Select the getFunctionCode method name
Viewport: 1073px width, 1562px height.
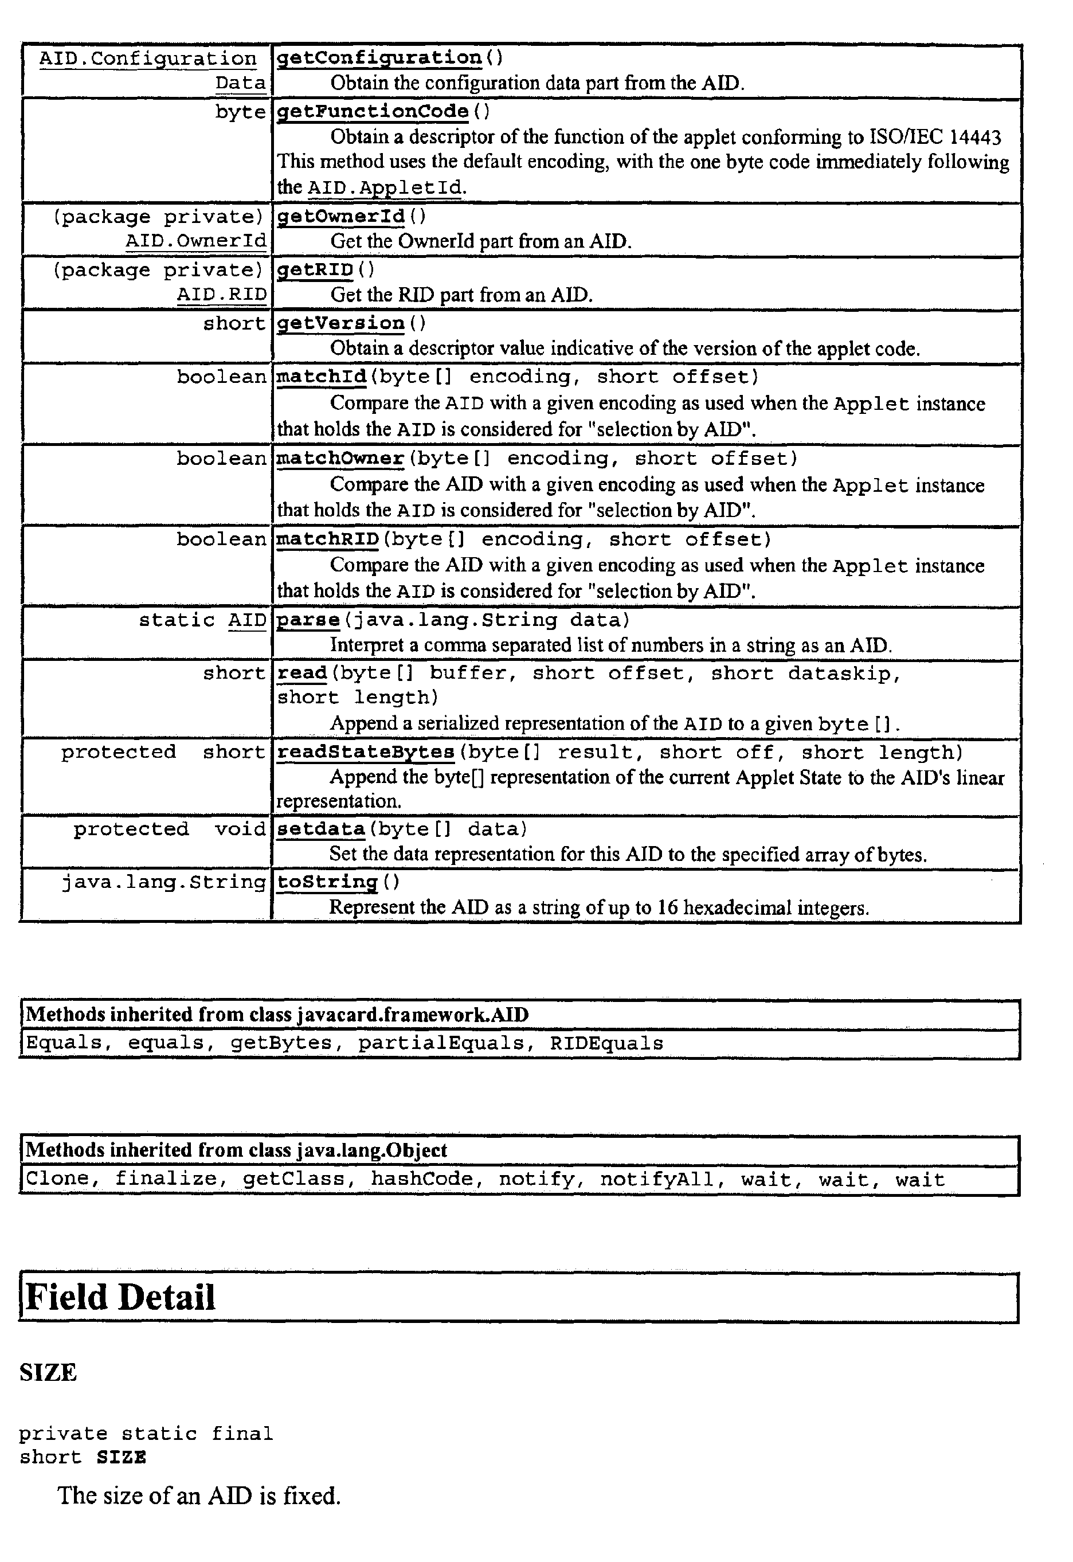373,111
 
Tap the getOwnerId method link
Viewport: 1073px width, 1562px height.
341,217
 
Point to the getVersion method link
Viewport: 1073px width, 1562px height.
341,323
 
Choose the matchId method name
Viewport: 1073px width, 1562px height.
322,377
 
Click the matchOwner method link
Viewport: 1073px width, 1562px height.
340,459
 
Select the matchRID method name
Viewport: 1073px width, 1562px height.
327,539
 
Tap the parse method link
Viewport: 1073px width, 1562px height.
308,620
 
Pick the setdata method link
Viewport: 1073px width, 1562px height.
320,829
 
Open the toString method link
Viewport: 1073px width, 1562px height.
327,882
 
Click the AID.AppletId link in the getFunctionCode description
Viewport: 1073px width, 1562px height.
385,187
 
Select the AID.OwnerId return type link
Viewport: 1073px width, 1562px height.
196,241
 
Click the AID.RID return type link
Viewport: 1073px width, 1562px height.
222,295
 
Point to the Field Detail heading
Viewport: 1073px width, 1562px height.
121,1297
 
